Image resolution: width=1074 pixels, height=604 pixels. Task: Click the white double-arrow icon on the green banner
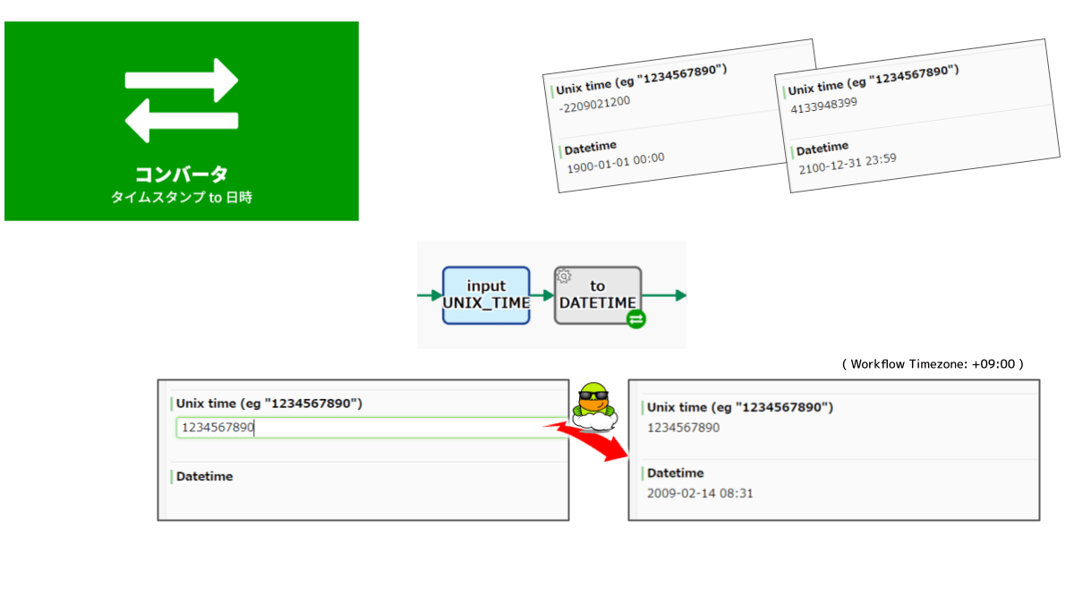(182, 100)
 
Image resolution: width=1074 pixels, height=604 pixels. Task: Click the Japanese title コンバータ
(182, 174)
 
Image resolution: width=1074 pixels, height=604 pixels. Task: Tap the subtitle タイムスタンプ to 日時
(182, 198)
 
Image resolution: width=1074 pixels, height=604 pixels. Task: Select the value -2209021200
(593, 103)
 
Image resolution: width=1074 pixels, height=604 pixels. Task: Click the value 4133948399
(824, 102)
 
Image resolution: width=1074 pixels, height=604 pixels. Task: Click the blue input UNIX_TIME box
(486, 294)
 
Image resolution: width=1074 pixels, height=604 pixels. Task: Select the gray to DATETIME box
(597, 294)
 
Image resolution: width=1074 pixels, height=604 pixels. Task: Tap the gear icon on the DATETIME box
(564, 276)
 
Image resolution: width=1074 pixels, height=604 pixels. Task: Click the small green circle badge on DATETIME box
(635, 319)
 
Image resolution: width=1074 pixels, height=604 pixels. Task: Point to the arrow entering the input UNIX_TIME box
(430, 294)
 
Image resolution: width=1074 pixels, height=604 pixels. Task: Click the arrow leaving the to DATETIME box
(664, 294)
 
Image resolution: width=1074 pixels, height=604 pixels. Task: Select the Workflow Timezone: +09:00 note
(932, 364)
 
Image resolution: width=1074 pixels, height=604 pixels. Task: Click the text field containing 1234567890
(371, 428)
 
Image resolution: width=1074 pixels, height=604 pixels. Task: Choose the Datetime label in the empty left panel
(204, 476)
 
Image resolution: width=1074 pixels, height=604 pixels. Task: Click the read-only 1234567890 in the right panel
(683, 428)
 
